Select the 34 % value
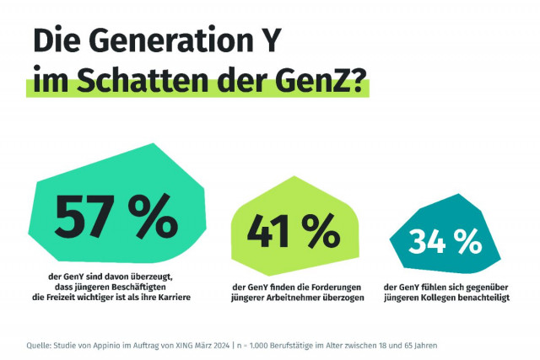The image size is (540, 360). tap(444, 242)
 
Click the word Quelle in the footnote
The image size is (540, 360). tap(40, 345)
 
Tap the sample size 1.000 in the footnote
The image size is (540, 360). tap(256, 345)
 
